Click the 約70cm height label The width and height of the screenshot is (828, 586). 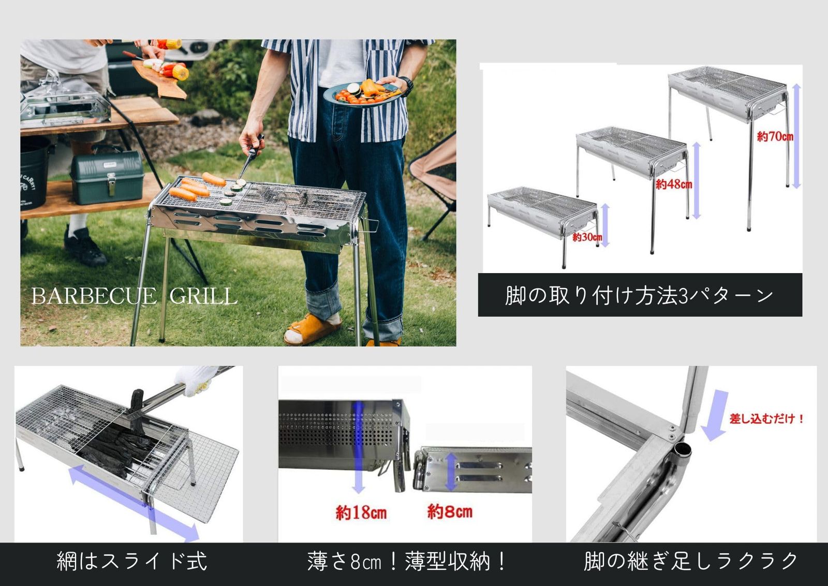(x=775, y=137)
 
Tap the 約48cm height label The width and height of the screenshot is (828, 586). (x=673, y=184)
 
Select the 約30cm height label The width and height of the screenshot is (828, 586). (x=587, y=237)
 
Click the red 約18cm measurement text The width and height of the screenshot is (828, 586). (x=361, y=512)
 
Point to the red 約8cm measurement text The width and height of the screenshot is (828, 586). (x=450, y=512)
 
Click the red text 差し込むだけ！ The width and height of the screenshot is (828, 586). (x=766, y=418)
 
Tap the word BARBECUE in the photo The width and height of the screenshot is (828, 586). (x=93, y=296)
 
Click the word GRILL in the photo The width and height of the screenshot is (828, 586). (x=203, y=296)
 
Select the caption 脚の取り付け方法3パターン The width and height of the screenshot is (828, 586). (x=639, y=295)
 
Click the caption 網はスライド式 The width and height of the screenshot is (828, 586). (x=131, y=562)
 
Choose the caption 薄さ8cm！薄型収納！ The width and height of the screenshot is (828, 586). (x=407, y=562)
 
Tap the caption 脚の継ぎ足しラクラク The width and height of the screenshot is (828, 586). (x=691, y=562)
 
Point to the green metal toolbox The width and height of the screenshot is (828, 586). (x=107, y=177)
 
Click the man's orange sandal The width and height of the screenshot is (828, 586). (x=310, y=329)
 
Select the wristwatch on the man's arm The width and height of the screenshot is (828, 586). (x=406, y=86)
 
